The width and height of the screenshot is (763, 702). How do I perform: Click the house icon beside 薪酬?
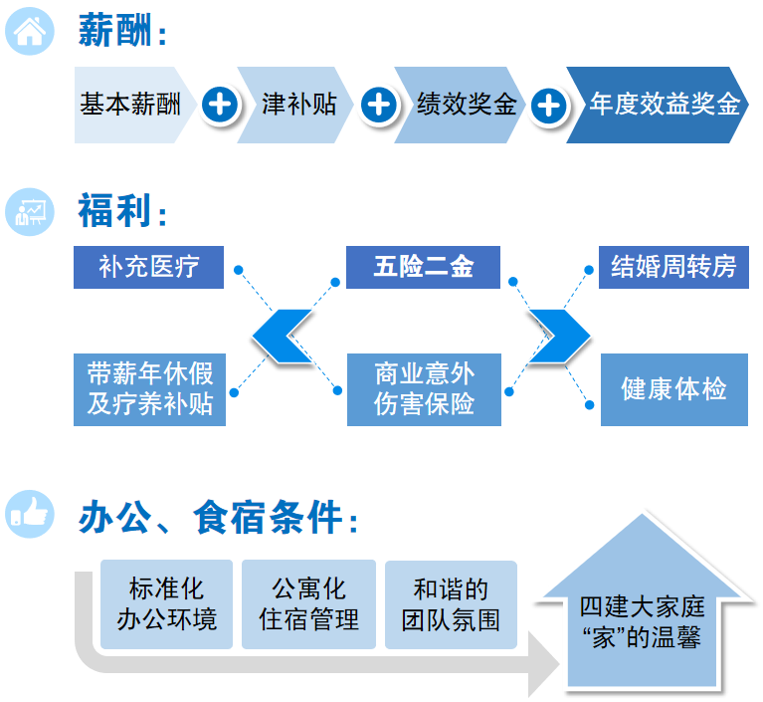(x=30, y=31)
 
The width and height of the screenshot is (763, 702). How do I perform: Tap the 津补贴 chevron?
(x=295, y=105)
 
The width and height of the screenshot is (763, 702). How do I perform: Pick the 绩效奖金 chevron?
(x=460, y=105)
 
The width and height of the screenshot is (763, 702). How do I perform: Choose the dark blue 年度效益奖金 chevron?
(x=658, y=105)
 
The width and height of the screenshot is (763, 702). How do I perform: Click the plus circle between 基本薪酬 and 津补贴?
(x=220, y=105)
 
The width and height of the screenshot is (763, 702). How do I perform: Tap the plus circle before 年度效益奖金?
(x=549, y=106)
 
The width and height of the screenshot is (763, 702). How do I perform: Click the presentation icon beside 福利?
(x=30, y=212)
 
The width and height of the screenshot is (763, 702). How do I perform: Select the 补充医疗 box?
(x=148, y=267)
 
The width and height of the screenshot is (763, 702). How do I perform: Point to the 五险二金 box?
(x=423, y=267)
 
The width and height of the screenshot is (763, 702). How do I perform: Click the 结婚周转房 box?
(x=673, y=267)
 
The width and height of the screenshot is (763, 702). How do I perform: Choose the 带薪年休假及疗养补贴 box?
(x=149, y=389)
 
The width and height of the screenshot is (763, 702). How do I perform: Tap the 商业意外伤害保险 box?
(x=424, y=389)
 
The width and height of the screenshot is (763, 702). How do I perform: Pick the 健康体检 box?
(x=673, y=389)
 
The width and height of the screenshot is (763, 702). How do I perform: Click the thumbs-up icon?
(x=30, y=514)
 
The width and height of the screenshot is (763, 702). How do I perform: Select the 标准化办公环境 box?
(x=166, y=604)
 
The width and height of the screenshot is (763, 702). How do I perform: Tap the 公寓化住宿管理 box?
(x=308, y=604)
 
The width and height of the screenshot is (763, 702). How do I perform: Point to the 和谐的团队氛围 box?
(x=451, y=604)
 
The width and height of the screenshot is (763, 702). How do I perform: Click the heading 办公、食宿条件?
(x=219, y=517)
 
